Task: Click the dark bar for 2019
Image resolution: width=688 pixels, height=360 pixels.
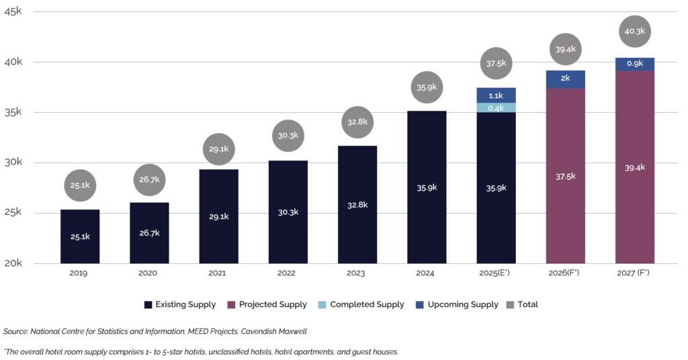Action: (x=80, y=236)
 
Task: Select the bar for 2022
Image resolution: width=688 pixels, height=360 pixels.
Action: (x=288, y=212)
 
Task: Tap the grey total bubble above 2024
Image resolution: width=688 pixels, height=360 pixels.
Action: (x=427, y=87)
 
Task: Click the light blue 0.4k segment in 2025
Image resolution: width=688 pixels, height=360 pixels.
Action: (x=497, y=107)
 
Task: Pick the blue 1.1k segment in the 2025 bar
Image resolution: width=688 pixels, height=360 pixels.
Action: (x=497, y=95)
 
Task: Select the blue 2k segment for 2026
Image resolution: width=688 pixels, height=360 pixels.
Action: (x=566, y=79)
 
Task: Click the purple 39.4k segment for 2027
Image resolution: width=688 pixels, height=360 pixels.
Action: (x=635, y=167)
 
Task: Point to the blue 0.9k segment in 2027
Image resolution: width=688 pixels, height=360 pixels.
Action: (x=635, y=64)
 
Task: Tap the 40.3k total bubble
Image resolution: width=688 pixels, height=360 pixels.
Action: (x=635, y=32)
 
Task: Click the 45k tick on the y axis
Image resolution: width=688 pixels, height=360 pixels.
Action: (x=13, y=11)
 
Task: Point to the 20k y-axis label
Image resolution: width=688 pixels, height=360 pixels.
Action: (x=13, y=263)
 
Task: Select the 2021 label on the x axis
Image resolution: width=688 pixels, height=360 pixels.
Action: (x=218, y=273)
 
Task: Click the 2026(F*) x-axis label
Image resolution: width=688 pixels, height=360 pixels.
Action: (x=566, y=273)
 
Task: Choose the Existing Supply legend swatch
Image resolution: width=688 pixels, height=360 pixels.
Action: (x=148, y=305)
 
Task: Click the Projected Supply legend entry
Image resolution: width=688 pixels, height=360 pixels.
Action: (x=267, y=305)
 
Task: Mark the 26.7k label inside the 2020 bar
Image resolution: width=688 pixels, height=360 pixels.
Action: (x=149, y=233)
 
